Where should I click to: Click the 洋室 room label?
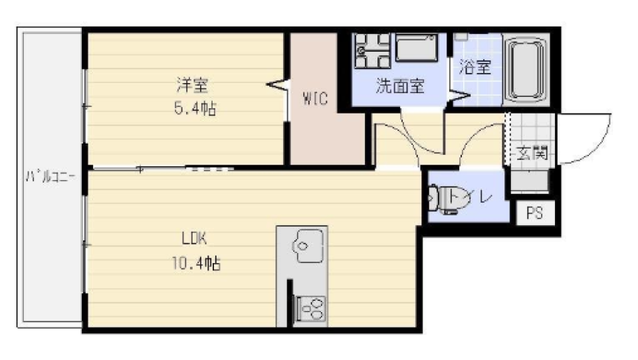pyautogui.click(x=193, y=86)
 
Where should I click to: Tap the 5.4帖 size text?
pyautogui.click(x=193, y=108)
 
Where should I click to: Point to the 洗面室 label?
pyautogui.click(x=400, y=87)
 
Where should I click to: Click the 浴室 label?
pyautogui.click(x=475, y=67)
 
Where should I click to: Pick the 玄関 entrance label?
pyautogui.click(x=532, y=154)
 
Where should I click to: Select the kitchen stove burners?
pyautogui.click(x=310, y=306)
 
